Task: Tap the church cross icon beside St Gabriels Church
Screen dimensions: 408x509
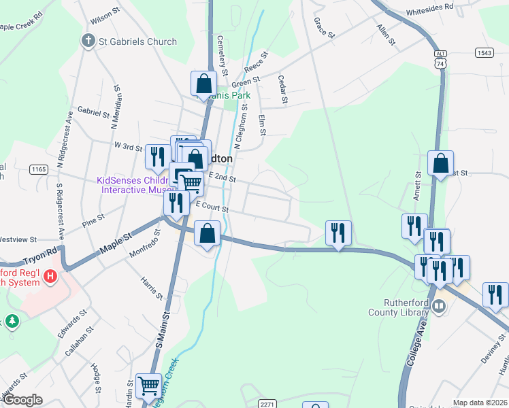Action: pos(88,41)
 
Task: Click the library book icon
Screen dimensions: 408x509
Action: pos(440,307)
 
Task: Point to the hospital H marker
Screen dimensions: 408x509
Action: pos(49,276)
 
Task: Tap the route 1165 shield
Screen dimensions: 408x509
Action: pos(39,169)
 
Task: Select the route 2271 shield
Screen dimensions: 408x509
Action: pos(267,403)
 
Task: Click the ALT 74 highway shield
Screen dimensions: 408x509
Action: pos(441,58)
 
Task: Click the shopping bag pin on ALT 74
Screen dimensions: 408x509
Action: pos(440,163)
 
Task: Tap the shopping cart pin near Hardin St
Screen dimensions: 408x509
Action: pos(148,386)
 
